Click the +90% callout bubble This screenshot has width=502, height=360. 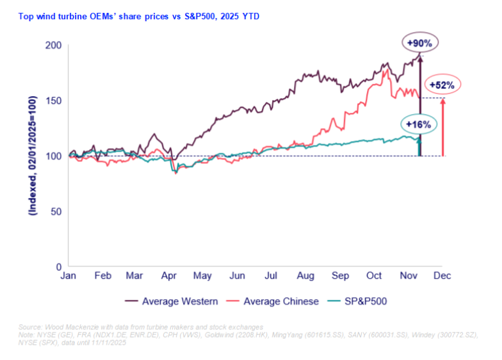[x=419, y=43]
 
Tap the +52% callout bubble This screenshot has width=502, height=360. [x=441, y=85]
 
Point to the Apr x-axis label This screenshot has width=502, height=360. [x=170, y=275]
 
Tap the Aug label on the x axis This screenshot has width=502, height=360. [x=305, y=275]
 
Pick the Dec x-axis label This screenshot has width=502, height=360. [x=442, y=275]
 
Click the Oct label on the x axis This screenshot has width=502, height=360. [x=374, y=275]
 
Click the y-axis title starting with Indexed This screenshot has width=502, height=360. [x=31, y=156]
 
